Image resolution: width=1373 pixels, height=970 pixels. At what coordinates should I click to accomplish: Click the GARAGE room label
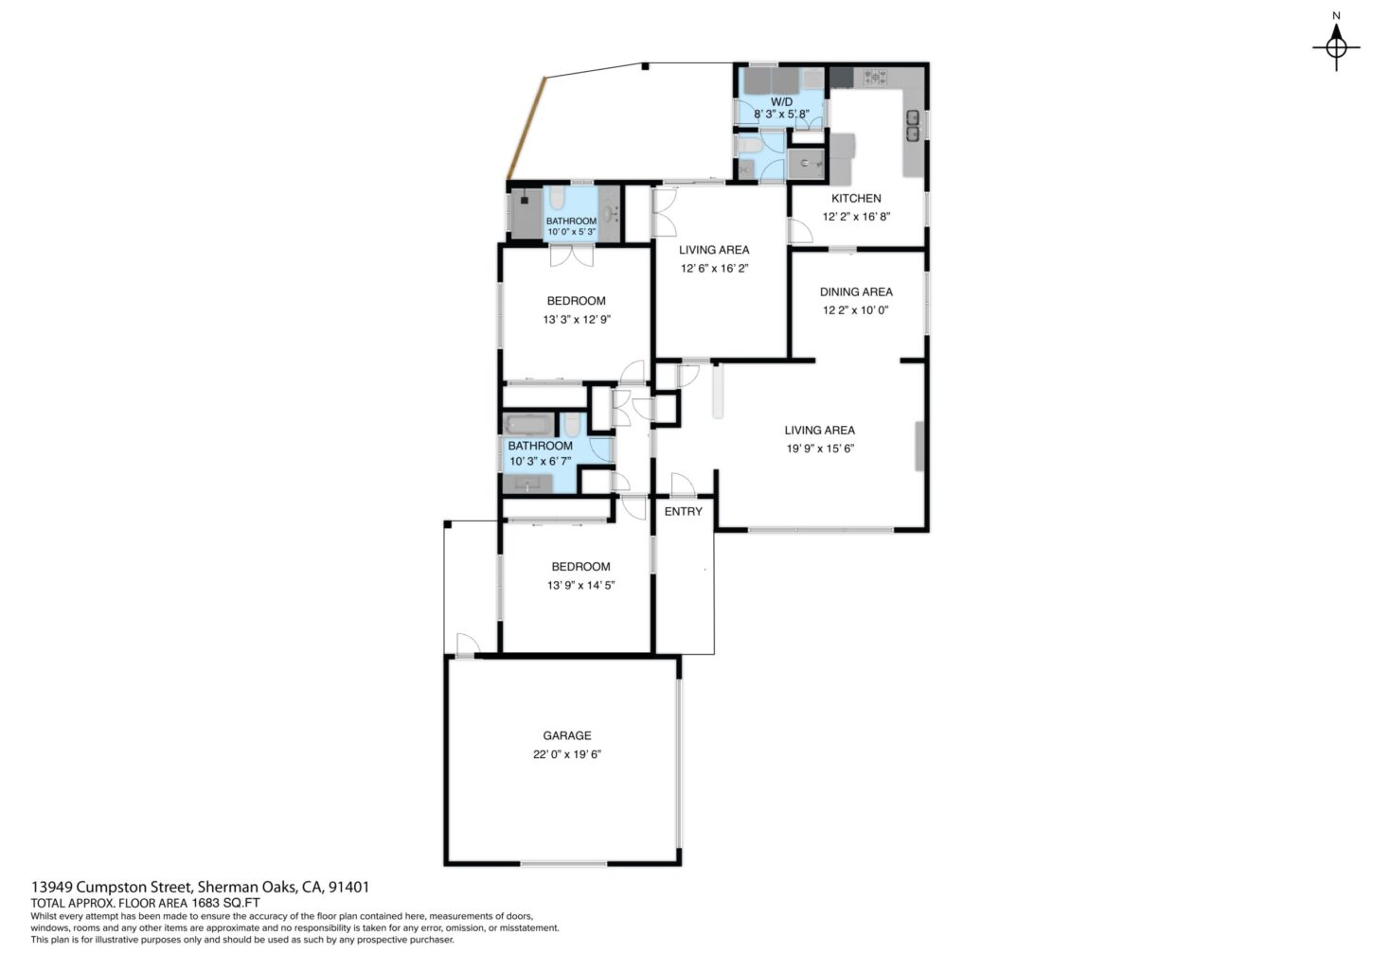coord(567,735)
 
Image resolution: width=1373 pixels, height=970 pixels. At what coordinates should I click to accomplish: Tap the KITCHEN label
coord(856,198)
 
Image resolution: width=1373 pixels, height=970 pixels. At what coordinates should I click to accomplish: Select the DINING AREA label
coord(856,291)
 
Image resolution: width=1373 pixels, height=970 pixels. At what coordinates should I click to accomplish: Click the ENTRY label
coord(684,512)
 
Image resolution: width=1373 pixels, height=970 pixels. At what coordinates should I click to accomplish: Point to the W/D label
coord(781,101)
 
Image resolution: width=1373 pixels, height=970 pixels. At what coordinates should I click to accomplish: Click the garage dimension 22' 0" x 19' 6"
coord(567,754)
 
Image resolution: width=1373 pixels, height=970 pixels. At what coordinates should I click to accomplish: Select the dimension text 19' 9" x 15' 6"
coord(820,449)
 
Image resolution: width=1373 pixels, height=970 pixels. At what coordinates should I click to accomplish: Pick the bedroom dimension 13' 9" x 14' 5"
coord(581,585)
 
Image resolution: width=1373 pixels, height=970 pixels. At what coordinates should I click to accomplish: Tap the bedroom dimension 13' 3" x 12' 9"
coord(577,319)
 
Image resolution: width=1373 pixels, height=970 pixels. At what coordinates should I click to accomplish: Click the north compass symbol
coord(1336,48)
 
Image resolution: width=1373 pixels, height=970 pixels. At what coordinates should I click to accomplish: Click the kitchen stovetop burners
coord(875,78)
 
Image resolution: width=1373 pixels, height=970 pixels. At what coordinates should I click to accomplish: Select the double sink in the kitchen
coord(913,126)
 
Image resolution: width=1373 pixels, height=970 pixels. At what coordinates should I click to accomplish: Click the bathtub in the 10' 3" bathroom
coord(529,424)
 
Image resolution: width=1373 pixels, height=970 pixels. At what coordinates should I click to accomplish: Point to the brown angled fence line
coord(526,128)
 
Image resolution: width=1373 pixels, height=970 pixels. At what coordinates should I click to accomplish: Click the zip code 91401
coord(348,887)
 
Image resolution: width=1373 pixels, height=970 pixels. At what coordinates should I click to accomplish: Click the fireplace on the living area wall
coord(919,446)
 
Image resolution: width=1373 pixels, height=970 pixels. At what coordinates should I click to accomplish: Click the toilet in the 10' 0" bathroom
coord(557,198)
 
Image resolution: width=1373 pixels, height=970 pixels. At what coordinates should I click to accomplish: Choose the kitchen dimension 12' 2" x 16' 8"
coord(856,217)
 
